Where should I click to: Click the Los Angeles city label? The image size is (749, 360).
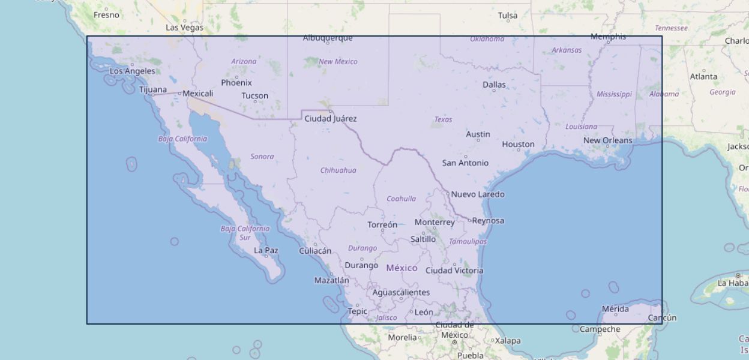tap(132, 71)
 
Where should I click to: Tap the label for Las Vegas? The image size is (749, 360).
tap(184, 28)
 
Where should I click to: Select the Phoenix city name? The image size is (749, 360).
tap(236, 83)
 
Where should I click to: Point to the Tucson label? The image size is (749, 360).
tap(254, 95)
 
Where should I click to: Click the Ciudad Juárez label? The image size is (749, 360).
tap(330, 119)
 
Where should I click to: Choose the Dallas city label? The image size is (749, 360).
tap(494, 85)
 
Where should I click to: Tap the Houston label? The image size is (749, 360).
tap(518, 144)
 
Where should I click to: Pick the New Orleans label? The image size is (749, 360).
tap(607, 140)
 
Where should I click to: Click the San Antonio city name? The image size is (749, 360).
tap(465, 163)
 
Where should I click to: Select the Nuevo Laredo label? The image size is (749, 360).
tap(477, 194)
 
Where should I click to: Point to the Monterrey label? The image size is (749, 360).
tap(435, 222)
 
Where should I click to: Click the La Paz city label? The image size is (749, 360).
tap(266, 250)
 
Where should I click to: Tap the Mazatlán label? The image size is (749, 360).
tap(331, 280)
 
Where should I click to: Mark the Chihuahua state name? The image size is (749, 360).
tap(338, 170)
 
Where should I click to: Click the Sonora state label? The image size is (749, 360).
tap(262, 157)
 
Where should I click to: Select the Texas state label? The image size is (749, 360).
tap(443, 119)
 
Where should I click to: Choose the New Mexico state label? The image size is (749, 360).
tap(337, 61)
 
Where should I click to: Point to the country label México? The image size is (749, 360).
tap(402, 268)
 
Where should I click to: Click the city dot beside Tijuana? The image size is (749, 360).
tap(153, 95)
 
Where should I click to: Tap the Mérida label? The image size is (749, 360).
tap(615, 309)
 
